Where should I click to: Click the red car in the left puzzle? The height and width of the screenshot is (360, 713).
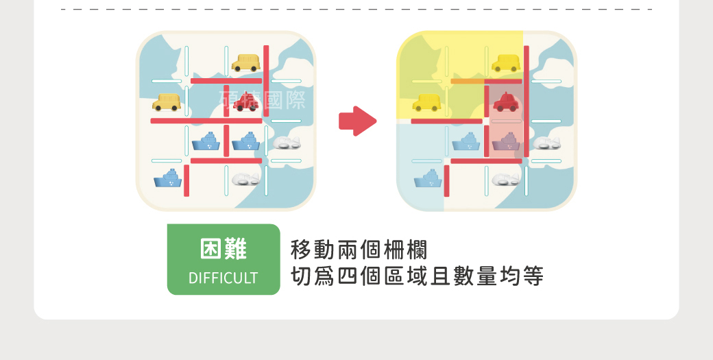[x=245, y=103]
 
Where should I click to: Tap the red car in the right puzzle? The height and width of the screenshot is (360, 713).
[x=506, y=102]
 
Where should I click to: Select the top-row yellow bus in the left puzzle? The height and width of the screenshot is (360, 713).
[x=245, y=63]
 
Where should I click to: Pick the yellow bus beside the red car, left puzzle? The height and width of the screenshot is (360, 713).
[x=167, y=103]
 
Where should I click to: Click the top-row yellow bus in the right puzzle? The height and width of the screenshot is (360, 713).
[x=506, y=63]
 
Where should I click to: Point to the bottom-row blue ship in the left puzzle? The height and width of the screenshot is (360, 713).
[x=167, y=179]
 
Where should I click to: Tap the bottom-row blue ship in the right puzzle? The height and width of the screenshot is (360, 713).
[x=428, y=179]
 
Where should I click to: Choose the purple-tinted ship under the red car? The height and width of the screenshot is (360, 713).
[x=506, y=142]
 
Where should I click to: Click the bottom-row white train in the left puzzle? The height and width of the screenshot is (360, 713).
[x=245, y=179]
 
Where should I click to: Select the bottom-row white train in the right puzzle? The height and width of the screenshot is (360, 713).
[x=506, y=179]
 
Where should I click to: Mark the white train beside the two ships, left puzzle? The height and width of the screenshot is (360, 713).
[x=287, y=143]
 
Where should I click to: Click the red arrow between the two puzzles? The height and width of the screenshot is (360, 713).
[x=357, y=121]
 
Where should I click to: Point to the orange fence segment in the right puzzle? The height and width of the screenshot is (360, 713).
[x=467, y=81]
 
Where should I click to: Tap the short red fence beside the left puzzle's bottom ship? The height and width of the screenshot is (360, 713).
[x=186, y=180]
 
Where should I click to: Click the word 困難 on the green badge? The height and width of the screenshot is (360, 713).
[x=223, y=250]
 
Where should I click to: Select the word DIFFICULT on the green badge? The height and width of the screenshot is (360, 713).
[x=223, y=278]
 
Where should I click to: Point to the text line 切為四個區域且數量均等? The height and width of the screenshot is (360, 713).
[x=417, y=276]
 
